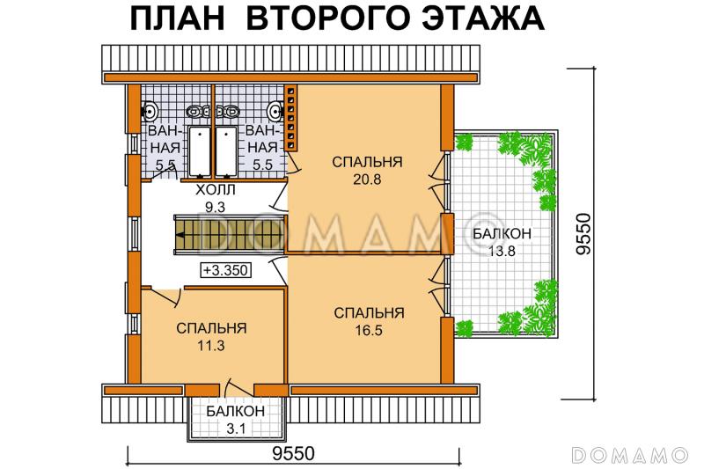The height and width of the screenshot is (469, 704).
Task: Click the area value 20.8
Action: pos(367,179)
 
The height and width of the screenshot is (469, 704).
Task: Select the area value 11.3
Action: pos(210,345)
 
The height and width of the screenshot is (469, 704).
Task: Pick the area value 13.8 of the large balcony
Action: pos(501,251)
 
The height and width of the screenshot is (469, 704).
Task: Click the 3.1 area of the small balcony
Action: pos(236,429)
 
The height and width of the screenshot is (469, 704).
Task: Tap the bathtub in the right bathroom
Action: pos(226,151)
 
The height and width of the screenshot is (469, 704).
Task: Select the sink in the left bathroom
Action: pos(150,111)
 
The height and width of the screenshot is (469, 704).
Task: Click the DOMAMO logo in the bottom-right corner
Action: pos(628,454)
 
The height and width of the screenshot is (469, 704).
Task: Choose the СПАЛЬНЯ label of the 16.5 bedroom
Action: pos(369,312)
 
